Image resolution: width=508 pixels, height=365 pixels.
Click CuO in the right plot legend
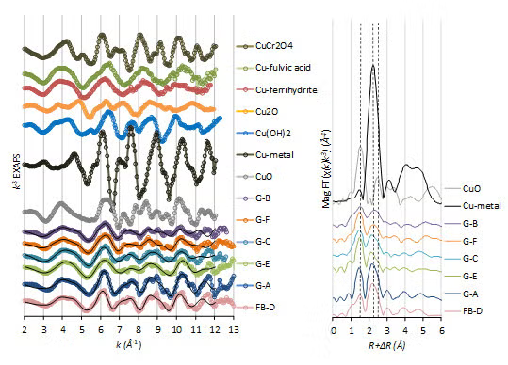(x=470, y=189)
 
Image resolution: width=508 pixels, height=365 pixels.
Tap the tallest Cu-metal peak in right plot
(x=374, y=67)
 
